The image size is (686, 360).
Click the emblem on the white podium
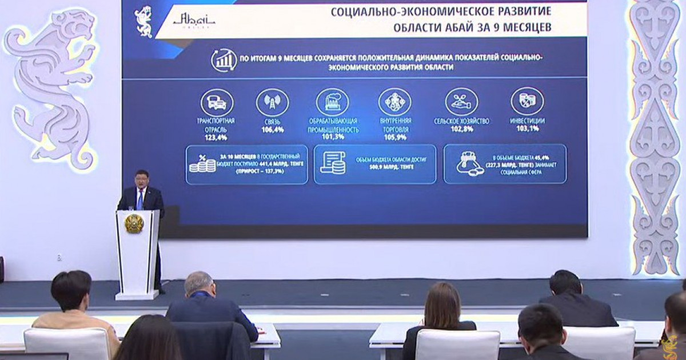pyautogui.click(x=134, y=223)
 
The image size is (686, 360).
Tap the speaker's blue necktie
pyautogui.click(x=139, y=199)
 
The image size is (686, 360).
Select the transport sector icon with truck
pyautogui.click(x=217, y=103)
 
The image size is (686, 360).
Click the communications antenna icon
pyautogui.click(x=272, y=103)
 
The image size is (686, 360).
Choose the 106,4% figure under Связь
pyautogui.click(x=273, y=130)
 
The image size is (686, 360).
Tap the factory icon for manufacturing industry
pyautogui.click(x=332, y=103)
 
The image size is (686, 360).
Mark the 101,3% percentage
pyautogui.click(x=333, y=138)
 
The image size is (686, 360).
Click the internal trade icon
pyautogui.click(x=394, y=103)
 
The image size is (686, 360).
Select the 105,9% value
pyautogui.click(x=395, y=138)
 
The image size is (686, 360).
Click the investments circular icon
pyautogui.click(x=527, y=102)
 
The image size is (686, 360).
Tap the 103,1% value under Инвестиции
pyautogui.click(x=527, y=130)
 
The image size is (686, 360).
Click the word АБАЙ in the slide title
pyautogui.click(x=467, y=27)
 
